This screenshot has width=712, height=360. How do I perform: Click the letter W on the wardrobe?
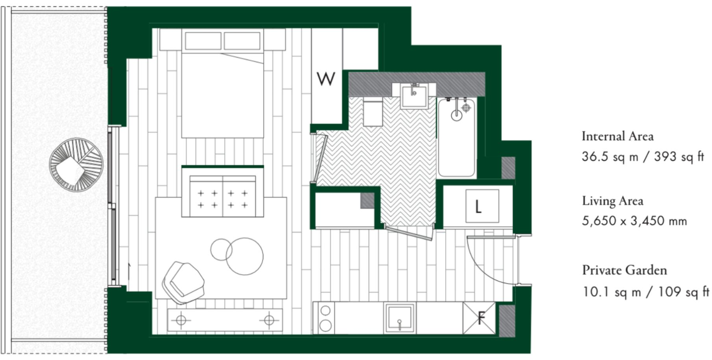coord(326,79)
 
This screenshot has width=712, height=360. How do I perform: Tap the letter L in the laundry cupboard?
coord(478,206)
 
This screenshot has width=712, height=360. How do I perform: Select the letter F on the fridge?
coord(481,317)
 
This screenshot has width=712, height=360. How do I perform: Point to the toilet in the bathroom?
coord(373,113)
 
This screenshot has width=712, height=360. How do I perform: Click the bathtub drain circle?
coord(456,115)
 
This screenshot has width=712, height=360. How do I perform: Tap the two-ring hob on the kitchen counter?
coord(325,318)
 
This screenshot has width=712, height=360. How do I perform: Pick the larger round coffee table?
coord(245,256)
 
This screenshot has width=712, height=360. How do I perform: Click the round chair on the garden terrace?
coord(76,165)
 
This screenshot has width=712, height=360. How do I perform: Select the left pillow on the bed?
coord(203,41)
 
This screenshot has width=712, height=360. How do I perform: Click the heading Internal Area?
coord(617,136)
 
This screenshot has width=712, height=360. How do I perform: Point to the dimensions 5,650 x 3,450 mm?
coord(634,221)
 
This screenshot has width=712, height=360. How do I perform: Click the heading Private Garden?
coord(624,270)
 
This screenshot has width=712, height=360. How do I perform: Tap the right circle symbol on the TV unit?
coord(269,320)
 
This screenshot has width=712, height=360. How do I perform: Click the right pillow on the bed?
coord(242,41)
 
